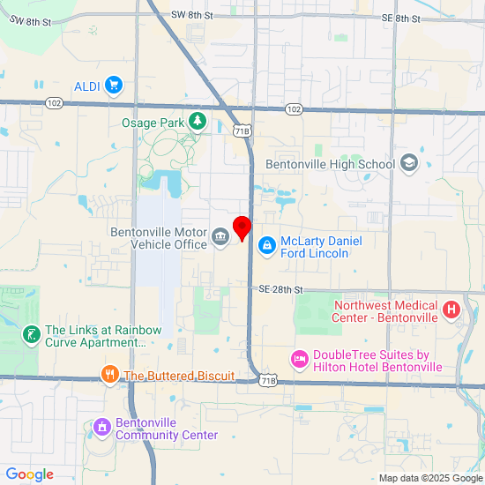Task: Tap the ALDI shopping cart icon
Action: (113, 86)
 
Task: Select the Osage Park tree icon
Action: (198, 122)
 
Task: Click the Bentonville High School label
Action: (331, 164)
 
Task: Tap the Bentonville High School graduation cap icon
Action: (408, 163)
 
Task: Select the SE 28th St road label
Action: (280, 289)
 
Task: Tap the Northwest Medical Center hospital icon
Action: (451, 310)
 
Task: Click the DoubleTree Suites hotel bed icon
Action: (299, 359)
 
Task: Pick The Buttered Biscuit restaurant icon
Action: (110, 376)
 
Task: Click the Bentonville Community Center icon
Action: (102, 428)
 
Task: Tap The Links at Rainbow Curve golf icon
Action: (31, 336)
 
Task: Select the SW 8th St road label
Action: (192, 16)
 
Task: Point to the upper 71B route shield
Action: (242, 131)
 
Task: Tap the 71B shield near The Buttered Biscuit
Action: (269, 380)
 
